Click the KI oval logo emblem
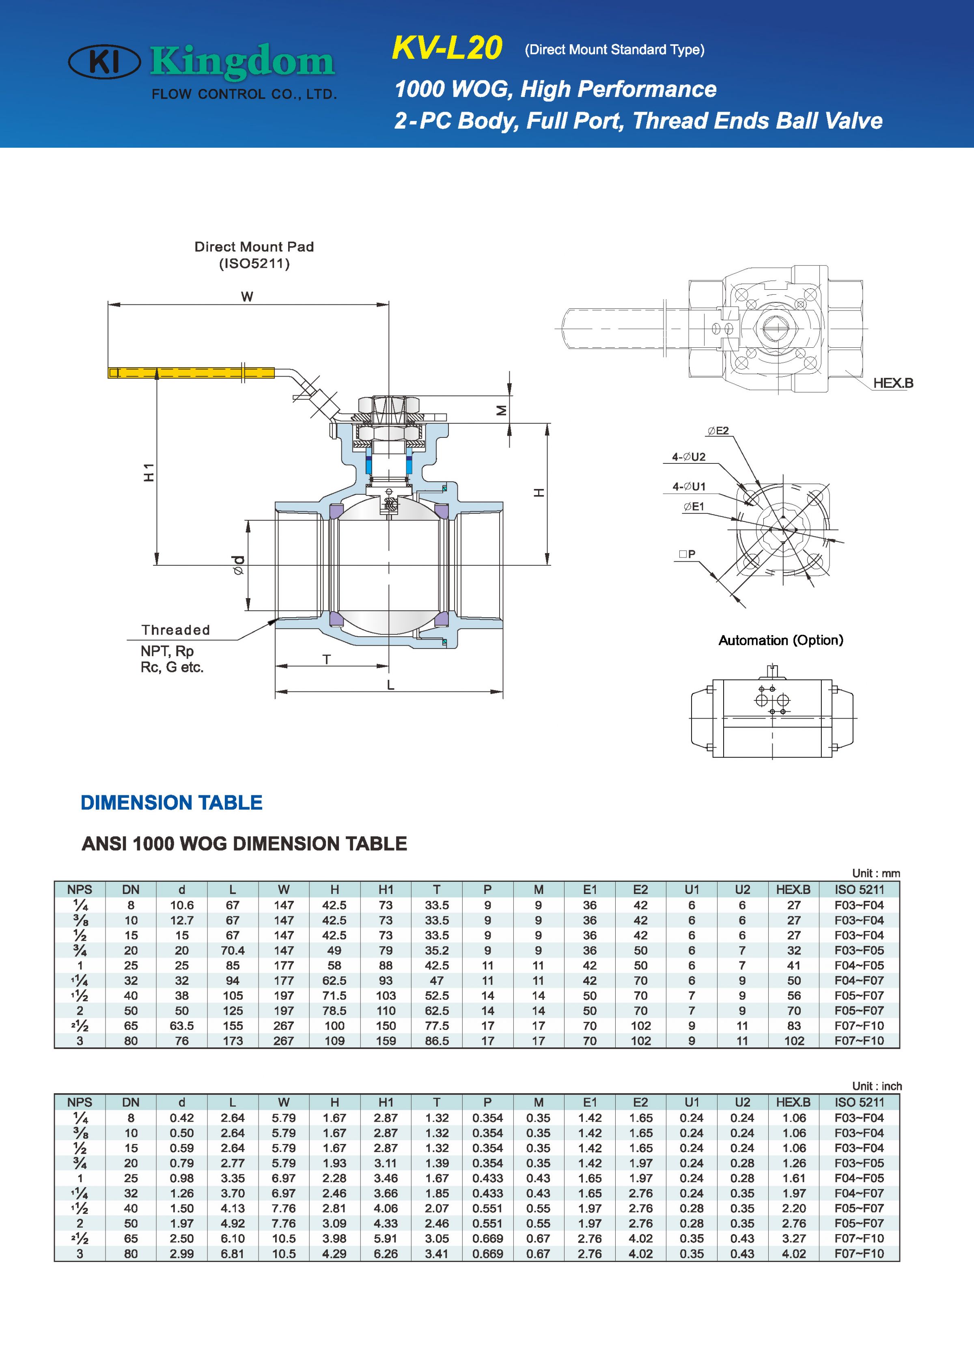click(105, 62)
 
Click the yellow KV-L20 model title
click(447, 48)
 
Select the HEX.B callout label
click(893, 383)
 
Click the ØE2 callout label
click(718, 431)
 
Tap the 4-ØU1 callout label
click(689, 487)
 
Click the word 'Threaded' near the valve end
click(175, 630)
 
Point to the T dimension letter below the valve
click(327, 659)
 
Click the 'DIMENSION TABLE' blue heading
click(172, 802)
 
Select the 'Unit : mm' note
click(875, 873)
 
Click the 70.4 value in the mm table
click(233, 950)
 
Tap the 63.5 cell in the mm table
click(182, 1025)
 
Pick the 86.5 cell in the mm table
click(437, 1040)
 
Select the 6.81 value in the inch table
click(233, 1254)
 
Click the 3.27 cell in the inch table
click(793, 1239)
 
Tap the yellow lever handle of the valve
click(192, 373)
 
